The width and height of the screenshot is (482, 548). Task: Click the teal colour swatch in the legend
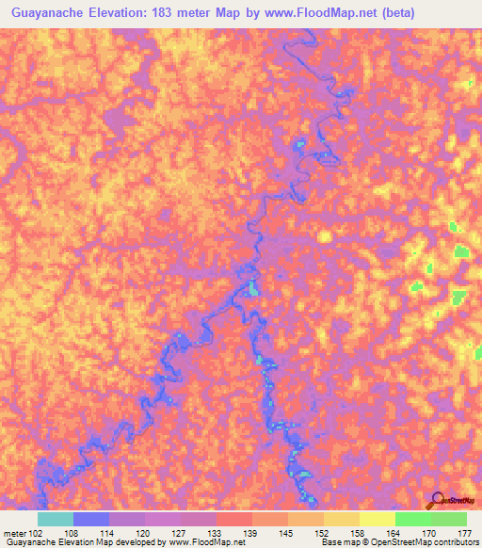coord(56,519)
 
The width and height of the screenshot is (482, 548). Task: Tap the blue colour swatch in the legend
coord(91,519)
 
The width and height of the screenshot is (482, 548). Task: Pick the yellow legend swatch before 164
coord(378,519)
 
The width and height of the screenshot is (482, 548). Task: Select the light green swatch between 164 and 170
coord(413,519)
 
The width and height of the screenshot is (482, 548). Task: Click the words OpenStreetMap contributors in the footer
coord(428,542)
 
